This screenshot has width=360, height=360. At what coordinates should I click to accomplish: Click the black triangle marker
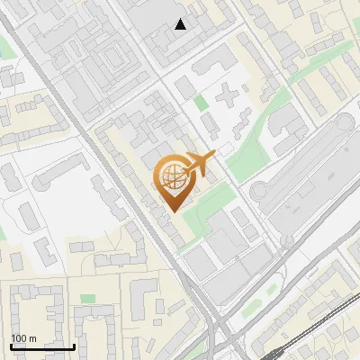[181, 24]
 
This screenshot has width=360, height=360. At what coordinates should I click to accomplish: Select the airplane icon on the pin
[196, 164]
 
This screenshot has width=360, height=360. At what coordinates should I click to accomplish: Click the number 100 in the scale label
[19, 338]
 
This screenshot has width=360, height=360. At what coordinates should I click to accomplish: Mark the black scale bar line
[42, 346]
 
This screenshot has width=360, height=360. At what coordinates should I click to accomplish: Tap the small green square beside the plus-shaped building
[200, 103]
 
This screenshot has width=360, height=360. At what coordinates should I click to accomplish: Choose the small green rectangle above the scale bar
[87, 298]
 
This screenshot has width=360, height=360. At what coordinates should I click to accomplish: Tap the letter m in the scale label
[31, 338]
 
